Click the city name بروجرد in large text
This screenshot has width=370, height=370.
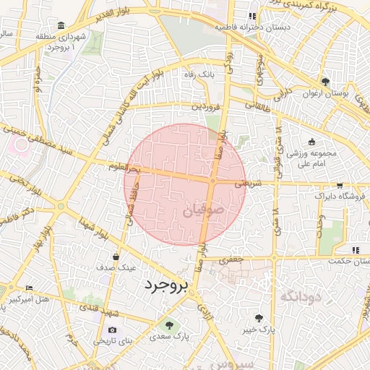point(165,285)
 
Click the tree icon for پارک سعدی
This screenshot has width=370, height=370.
point(170,324)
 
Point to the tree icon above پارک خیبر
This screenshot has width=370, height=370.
point(259,317)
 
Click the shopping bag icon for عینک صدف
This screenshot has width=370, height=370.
point(116,256)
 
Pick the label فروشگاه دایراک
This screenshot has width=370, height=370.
point(340,196)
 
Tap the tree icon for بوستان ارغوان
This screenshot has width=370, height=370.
point(325,82)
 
